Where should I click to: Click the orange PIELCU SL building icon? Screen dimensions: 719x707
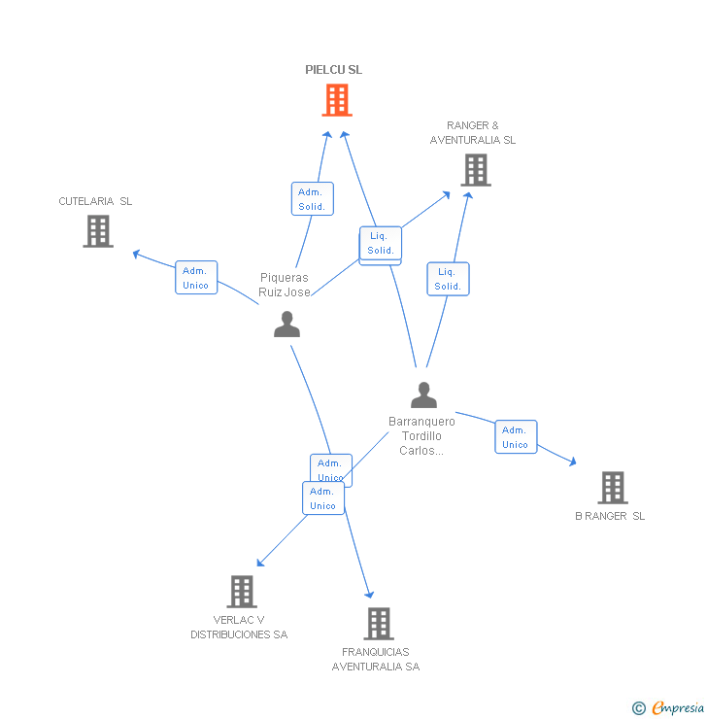tap(337, 99)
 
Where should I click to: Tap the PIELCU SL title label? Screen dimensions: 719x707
tap(333, 70)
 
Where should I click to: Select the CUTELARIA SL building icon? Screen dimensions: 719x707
tap(98, 231)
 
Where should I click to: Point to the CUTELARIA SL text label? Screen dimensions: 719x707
tap(95, 201)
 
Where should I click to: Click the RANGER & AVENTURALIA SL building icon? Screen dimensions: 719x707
tap(475, 170)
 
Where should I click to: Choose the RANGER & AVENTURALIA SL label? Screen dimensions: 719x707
tap(473, 133)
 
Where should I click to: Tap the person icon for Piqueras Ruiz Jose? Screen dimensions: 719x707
tap(286, 324)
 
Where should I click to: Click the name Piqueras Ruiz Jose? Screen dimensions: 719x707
tap(284, 285)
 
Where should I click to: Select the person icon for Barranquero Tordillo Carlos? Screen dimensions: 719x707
tap(423, 394)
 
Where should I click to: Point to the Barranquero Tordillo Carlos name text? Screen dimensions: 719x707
tap(421, 436)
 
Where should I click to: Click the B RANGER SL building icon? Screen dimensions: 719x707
tap(612, 487)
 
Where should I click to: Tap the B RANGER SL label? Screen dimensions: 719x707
tap(610, 516)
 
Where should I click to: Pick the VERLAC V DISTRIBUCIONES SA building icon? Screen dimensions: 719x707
tap(242, 591)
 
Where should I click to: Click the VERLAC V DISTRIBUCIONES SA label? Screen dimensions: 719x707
tap(239, 628)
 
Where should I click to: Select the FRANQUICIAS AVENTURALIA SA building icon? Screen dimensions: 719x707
tap(379, 623)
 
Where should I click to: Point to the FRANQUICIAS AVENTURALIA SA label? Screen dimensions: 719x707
tap(376, 659)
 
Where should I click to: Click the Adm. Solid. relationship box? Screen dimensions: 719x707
tap(312, 199)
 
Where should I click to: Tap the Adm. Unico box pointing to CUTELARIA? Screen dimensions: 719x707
tap(196, 278)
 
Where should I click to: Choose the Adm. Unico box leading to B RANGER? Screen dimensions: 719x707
tap(516, 437)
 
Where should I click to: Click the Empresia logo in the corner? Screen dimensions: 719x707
tap(669, 707)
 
